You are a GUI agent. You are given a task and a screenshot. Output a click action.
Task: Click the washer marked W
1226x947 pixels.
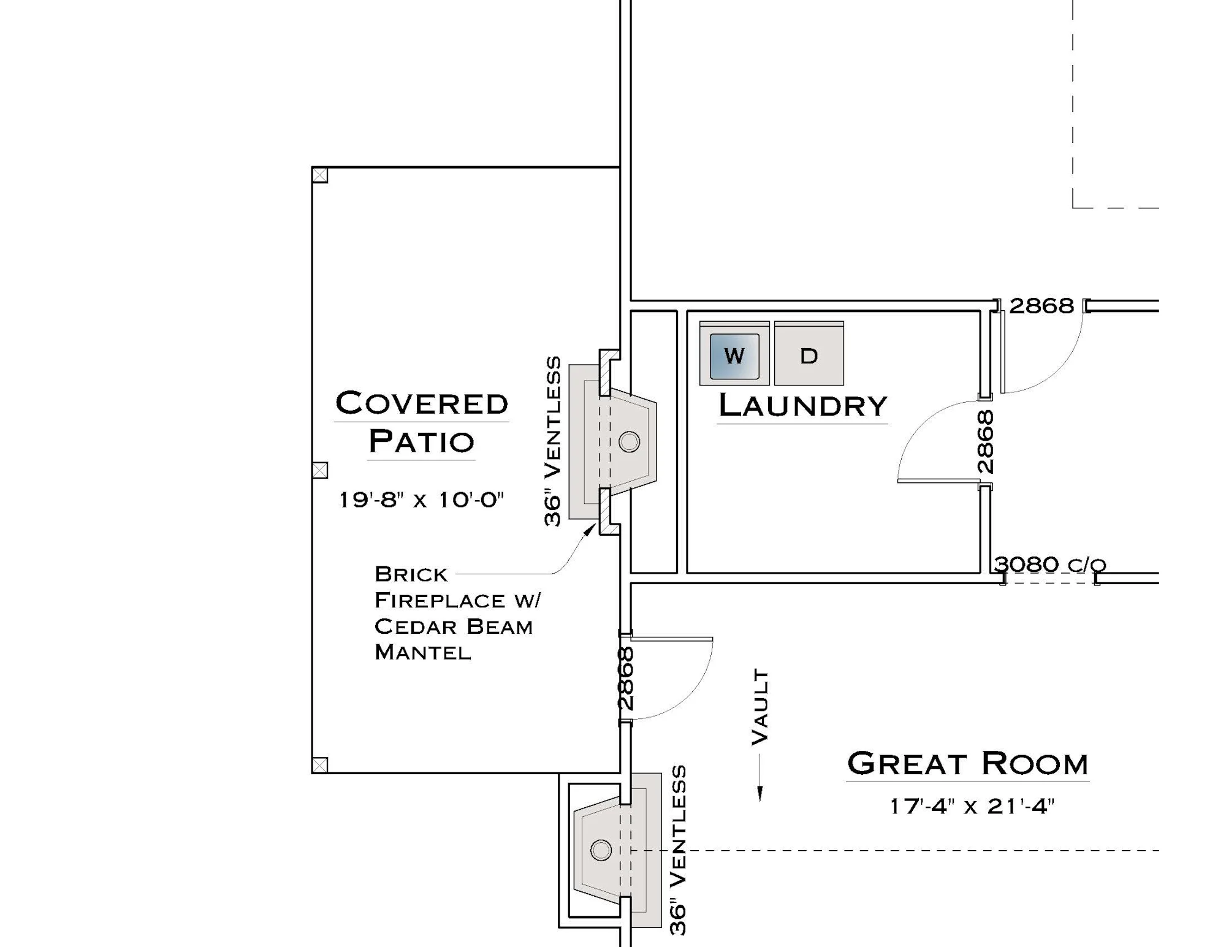pos(734,354)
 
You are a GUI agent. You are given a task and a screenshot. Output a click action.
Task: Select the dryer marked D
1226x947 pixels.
pos(809,354)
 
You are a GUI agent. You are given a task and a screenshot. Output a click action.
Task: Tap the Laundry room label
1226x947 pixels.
pos(802,405)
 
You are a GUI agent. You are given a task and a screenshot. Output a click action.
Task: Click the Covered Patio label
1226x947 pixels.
pos(422,422)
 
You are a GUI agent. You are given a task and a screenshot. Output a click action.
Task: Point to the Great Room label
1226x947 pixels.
pos(967,764)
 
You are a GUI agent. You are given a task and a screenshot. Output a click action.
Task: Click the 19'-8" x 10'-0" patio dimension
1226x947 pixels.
pos(421,500)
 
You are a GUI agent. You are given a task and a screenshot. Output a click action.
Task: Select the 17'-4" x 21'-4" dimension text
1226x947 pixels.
pos(972,806)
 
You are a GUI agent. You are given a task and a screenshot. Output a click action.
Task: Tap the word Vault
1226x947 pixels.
pos(760,707)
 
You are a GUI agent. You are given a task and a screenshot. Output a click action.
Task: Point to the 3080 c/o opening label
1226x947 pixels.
pos(1050,564)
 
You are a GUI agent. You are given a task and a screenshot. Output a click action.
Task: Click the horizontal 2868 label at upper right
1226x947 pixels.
pos(1041,306)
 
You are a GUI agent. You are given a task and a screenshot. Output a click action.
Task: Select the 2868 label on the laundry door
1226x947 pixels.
pos(984,442)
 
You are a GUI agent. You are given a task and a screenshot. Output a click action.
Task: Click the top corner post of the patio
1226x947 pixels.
pos(320,175)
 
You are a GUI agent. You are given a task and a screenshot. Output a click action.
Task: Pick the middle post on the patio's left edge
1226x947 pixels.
pos(320,470)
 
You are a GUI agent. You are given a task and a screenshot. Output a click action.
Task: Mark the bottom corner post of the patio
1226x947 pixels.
pos(320,765)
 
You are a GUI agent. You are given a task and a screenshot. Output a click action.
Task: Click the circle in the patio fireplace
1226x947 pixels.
pos(630,442)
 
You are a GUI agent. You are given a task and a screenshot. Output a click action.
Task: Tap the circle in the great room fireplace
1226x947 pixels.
pos(601,850)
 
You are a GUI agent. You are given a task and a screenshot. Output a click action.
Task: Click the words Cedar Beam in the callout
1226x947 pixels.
pos(454,626)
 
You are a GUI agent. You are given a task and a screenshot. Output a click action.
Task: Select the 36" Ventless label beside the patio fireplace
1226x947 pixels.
pos(552,441)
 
